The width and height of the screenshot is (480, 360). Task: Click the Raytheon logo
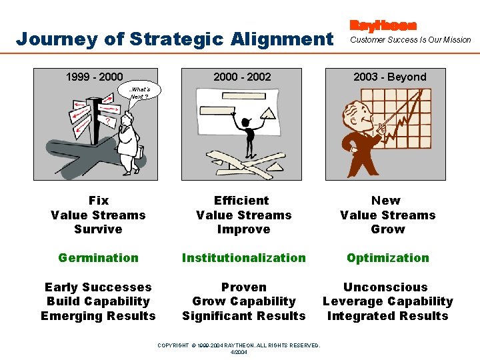coord(383,26)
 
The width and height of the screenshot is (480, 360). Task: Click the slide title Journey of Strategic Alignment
coord(174,39)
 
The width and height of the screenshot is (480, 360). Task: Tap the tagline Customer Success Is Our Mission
coord(410,40)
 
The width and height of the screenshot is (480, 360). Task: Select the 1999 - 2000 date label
coord(94,77)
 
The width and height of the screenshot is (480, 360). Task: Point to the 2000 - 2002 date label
coord(242,77)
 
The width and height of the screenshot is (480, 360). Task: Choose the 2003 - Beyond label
coord(389,77)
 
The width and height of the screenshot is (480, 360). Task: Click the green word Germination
coord(98,258)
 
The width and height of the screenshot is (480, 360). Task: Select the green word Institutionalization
coord(243,258)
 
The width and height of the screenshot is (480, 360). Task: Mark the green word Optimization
coord(387,258)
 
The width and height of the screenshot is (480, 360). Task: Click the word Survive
coord(98,229)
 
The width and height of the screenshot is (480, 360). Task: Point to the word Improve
coord(243,229)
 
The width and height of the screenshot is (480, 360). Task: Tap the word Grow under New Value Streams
coord(387,229)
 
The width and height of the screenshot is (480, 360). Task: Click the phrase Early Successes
coord(98,287)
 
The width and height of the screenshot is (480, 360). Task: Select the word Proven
coord(243,287)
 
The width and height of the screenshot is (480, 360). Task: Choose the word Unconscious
coord(385,287)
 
